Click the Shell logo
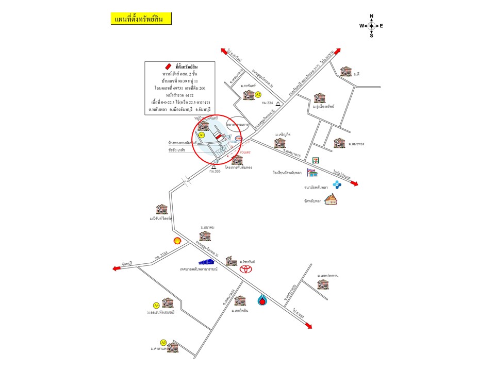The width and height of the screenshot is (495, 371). [177, 241]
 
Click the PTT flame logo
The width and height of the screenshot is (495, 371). [263, 299]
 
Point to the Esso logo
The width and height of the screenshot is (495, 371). [239, 139]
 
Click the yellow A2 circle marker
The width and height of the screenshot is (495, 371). [258, 94]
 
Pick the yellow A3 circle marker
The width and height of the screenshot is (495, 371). [163, 342]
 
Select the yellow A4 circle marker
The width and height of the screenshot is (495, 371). [156, 305]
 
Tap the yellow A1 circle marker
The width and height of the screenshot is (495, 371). [202, 134]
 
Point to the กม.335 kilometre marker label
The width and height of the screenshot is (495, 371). [214, 171]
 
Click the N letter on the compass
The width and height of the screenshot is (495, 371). [371, 16]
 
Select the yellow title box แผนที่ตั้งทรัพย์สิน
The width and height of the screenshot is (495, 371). [140, 19]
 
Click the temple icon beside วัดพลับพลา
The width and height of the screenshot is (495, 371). [331, 200]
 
